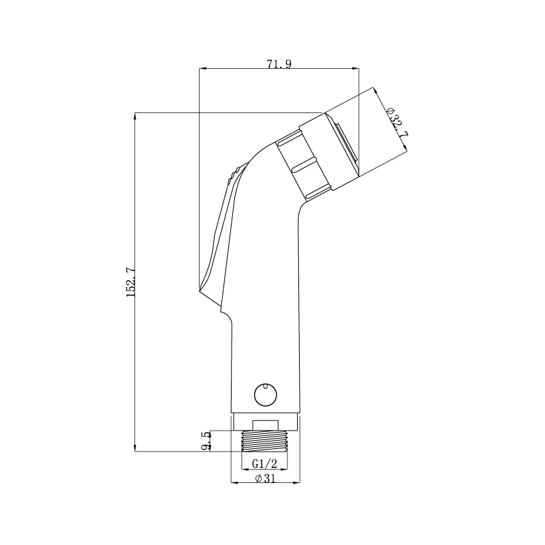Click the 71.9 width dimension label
click(279, 64)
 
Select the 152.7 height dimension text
click(131, 282)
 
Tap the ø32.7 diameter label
click(397, 123)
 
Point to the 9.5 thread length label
click(206, 441)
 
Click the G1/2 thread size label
click(264, 464)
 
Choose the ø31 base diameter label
click(265, 478)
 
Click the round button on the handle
click(266, 394)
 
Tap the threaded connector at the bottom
click(265, 441)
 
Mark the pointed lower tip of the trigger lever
click(200, 288)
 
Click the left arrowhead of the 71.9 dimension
click(202, 68)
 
